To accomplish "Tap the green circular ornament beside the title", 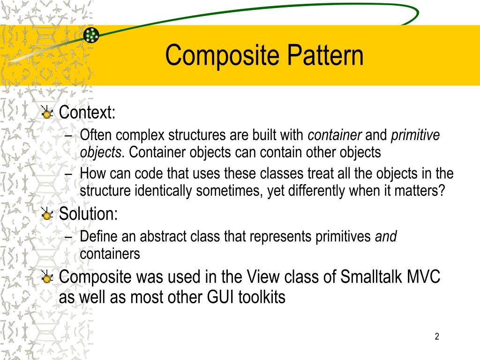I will point(91,35).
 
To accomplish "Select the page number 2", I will point(436,336).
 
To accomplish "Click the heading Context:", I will point(87,112).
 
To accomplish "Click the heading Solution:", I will point(89,214).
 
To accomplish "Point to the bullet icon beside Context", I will point(47,113).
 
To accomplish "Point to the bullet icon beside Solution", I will point(47,215).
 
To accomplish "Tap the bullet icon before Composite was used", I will point(47,277).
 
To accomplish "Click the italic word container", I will point(335,135).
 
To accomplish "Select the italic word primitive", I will point(415,135).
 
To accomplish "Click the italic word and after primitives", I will point(386,237).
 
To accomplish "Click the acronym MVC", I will point(425,277).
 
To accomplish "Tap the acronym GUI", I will point(218,297).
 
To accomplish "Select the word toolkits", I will point(262,297).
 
